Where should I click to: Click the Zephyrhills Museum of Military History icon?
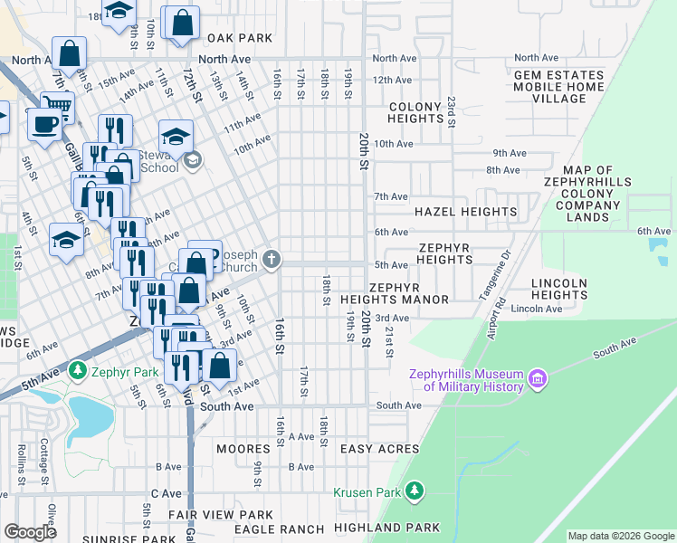[539, 376]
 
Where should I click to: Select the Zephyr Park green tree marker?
[78, 371]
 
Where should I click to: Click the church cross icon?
[270, 261]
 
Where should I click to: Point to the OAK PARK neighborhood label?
[239, 38]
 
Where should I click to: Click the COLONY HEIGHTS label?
[415, 112]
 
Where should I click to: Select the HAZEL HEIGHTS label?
[465, 212]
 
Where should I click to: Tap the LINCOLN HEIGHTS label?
[559, 289]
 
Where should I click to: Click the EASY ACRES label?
[379, 449]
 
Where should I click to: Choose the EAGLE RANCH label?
[279, 529]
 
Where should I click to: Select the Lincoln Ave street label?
[530, 309]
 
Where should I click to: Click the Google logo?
[30, 532]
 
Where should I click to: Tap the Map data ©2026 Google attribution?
[620, 536]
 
